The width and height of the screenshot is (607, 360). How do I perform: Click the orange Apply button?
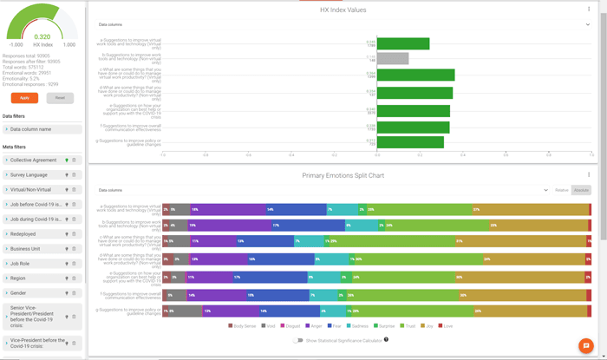point(24,98)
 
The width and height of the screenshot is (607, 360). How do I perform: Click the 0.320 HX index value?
point(42,36)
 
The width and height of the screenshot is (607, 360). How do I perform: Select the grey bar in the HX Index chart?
point(392,59)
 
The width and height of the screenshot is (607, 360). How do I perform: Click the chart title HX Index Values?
point(343,10)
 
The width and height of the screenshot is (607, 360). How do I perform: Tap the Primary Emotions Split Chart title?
point(343,175)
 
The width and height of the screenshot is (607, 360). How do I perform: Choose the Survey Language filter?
point(29,175)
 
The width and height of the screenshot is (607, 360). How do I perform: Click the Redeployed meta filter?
point(23,234)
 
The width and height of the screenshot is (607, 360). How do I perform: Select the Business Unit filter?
point(25,249)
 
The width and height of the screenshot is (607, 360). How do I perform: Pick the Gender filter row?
point(18,293)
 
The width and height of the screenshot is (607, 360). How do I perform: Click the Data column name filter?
point(31,129)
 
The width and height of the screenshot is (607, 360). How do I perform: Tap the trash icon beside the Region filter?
point(75,278)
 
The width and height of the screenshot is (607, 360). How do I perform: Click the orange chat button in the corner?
point(586,345)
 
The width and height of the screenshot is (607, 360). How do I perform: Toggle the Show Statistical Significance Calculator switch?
point(298,340)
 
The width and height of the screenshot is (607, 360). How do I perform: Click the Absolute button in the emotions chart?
point(581,190)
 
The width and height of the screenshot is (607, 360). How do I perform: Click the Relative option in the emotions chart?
point(562,190)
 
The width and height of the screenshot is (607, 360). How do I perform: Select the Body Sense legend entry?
point(242,326)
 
